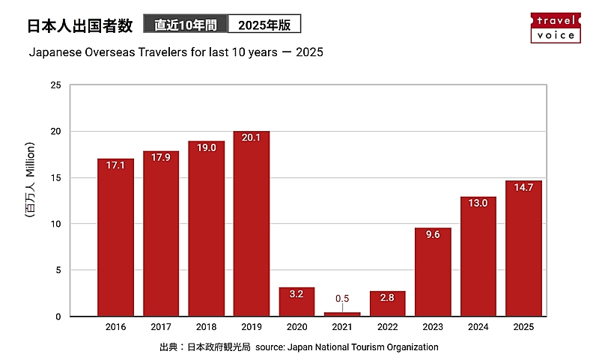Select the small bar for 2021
click(342, 314)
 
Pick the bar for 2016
click(116, 237)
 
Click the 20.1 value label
click(252, 138)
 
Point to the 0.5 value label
click(342, 299)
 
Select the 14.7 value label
click(523, 189)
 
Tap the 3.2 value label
click(297, 294)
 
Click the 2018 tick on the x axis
click(207, 328)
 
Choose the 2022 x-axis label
click(387, 328)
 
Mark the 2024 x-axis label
click(478, 328)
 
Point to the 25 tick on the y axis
click(55, 85)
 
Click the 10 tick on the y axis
click(55, 224)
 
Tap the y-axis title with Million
click(31, 180)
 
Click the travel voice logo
click(555, 28)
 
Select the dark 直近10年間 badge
click(186, 25)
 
